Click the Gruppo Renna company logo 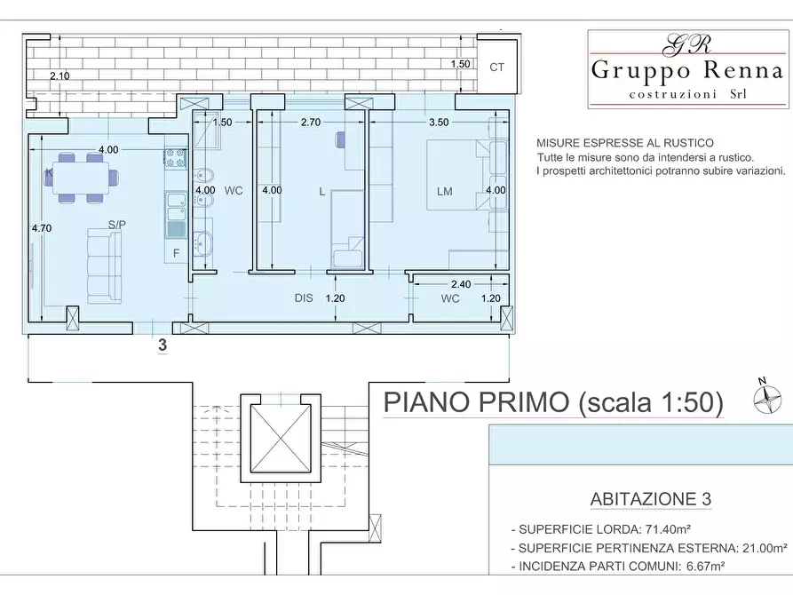coord(686,69)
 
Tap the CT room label coord(497,67)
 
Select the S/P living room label coord(116,224)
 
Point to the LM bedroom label coord(445,191)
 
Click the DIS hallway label coord(305,298)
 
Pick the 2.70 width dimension coord(310,123)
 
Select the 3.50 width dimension coord(439,123)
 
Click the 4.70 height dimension coord(42,228)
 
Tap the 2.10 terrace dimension coord(59,76)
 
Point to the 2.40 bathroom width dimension coord(460,284)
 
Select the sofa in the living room coord(105,265)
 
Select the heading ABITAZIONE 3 coord(651,499)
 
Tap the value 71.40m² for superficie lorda coord(666,528)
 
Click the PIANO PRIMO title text coord(552,402)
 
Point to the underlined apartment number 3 coord(163,345)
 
